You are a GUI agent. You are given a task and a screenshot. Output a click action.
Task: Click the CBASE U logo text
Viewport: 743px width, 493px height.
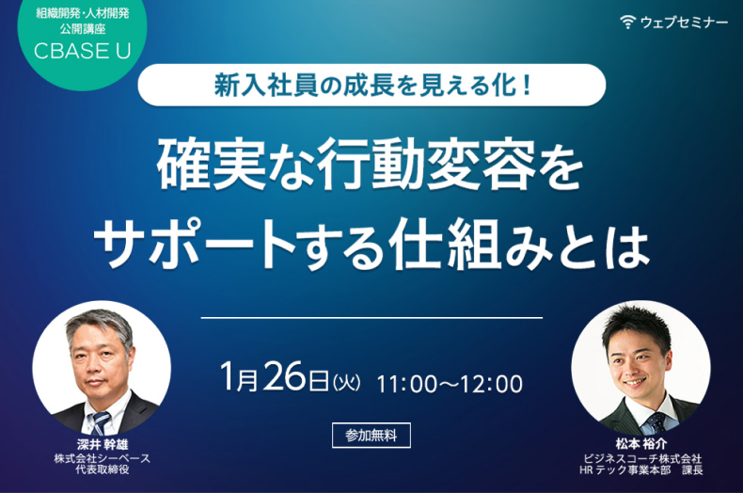pyautogui.click(x=83, y=51)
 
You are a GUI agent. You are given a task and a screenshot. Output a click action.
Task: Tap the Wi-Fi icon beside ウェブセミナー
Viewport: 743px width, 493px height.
pyautogui.click(x=627, y=22)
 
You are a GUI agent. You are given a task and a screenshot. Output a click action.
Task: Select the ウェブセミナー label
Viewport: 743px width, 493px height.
pyautogui.click(x=684, y=23)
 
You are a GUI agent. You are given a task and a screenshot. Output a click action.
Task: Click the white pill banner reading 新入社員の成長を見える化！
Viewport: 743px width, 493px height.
pyautogui.click(x=371, y=85)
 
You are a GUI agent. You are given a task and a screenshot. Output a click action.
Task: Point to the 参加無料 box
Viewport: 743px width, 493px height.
pyautogui.click(x=371, y=436)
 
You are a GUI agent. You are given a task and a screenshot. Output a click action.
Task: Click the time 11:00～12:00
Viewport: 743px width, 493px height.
pyautogui.click(x=450, y=384)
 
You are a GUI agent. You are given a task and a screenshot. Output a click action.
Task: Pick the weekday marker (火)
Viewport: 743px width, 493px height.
pyautogui.click(x=346, y=383)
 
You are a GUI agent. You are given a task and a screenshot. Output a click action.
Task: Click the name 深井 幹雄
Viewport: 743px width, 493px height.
pyautogui.click(x=103, y=444)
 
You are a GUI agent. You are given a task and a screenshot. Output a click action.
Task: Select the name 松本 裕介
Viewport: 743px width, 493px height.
pyautogui.click(x=641, y=444)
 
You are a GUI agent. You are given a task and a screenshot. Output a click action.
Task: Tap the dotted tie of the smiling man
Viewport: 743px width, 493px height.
pyautogui.click(x=656, y=422)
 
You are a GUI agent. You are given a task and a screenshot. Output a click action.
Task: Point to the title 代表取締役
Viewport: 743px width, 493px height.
pyautogui.click(x=103, y=469)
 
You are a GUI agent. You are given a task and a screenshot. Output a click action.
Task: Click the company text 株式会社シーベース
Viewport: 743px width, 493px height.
pyautogui.click(x=103, y=458)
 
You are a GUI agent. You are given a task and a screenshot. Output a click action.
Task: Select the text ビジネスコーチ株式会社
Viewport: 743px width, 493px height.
pyautogui.click(x=642, y=458)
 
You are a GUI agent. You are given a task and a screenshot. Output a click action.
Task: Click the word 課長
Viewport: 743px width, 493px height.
pyautogui.click(x=692, y=470)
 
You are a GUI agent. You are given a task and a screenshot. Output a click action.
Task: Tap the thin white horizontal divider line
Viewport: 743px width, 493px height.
pyautogui.click(x=371, y=318)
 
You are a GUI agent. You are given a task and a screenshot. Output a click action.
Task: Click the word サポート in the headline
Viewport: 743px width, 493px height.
pyautogui.click(x=195, y=244)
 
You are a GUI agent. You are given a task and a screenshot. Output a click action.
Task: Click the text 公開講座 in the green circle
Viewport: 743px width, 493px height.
pyautogui.click(x=83, y=29)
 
